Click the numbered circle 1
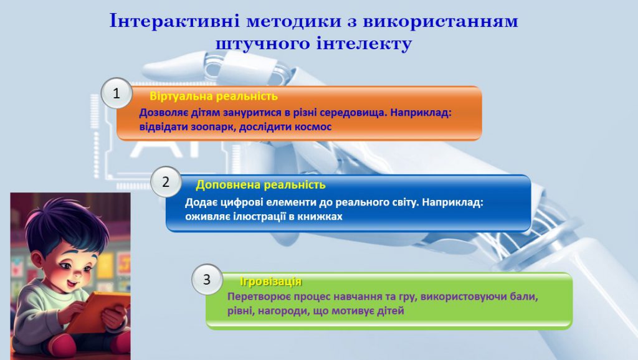click(x=116, y=95)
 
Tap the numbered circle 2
click(x=166, y=182)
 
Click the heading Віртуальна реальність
click(x=213, y=97)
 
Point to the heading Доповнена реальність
click(x=260, y=185)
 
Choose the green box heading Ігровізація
click(x=271, y=282)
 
